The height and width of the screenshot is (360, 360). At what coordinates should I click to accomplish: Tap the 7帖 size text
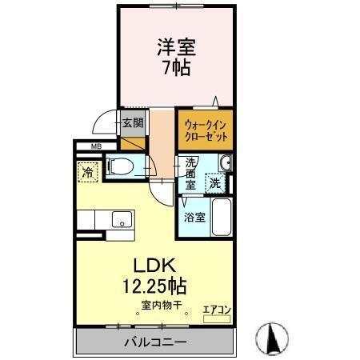(176, 67)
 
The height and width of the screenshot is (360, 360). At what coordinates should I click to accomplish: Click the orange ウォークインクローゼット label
(205, 130)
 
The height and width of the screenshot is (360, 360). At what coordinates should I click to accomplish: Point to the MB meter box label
(96, 146)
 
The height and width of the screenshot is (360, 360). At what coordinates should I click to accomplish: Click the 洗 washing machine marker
(214, 183)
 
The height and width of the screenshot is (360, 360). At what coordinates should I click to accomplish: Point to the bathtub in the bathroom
(222, 217)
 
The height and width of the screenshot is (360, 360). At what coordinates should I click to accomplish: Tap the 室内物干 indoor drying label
(163, 306)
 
